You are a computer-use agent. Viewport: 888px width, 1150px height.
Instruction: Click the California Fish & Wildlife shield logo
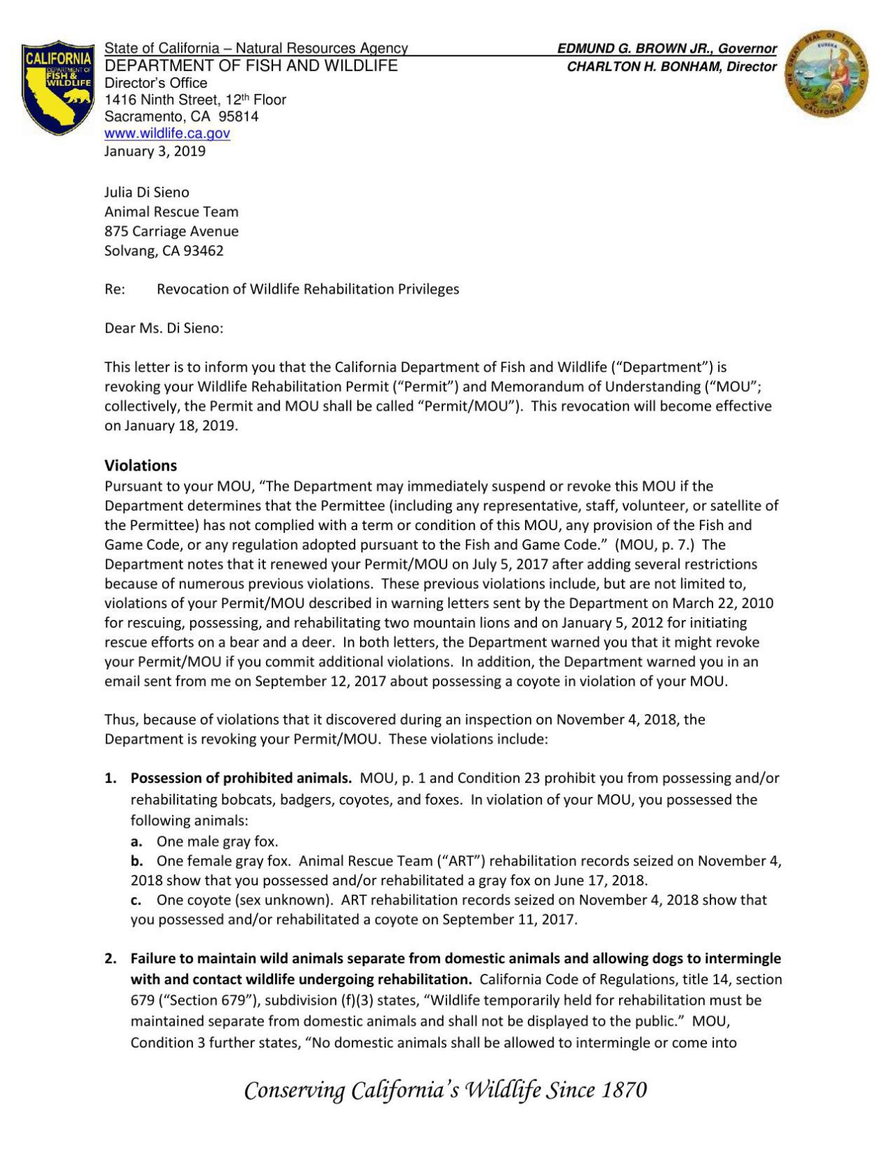coord(58,87)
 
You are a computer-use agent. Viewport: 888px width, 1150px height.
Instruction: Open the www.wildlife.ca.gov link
coord(167,133)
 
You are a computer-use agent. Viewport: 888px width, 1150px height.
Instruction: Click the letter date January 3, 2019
coord(154,151)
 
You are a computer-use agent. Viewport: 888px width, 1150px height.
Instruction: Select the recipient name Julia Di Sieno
coord(147,192)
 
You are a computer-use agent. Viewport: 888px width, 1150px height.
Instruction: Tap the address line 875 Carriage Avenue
coord(171,231)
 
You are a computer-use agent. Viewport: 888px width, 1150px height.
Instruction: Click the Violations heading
coord(140,465)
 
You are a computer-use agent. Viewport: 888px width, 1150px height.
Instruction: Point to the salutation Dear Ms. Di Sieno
coord(164,328)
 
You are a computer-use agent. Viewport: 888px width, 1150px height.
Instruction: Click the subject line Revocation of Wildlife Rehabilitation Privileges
coord(307,289)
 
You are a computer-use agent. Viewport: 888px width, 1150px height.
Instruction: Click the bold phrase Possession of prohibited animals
coord(241,778)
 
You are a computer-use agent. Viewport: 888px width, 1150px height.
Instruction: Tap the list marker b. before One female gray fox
coord(137,861)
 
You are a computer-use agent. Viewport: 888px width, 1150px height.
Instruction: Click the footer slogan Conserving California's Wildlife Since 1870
coord(445,1090)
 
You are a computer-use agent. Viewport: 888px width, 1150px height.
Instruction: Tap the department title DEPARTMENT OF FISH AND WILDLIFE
coord(251,66)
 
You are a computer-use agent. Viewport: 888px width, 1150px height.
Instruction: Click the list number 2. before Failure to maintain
coord(110,958)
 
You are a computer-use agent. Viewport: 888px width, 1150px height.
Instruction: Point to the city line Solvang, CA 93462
coord(164,251)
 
